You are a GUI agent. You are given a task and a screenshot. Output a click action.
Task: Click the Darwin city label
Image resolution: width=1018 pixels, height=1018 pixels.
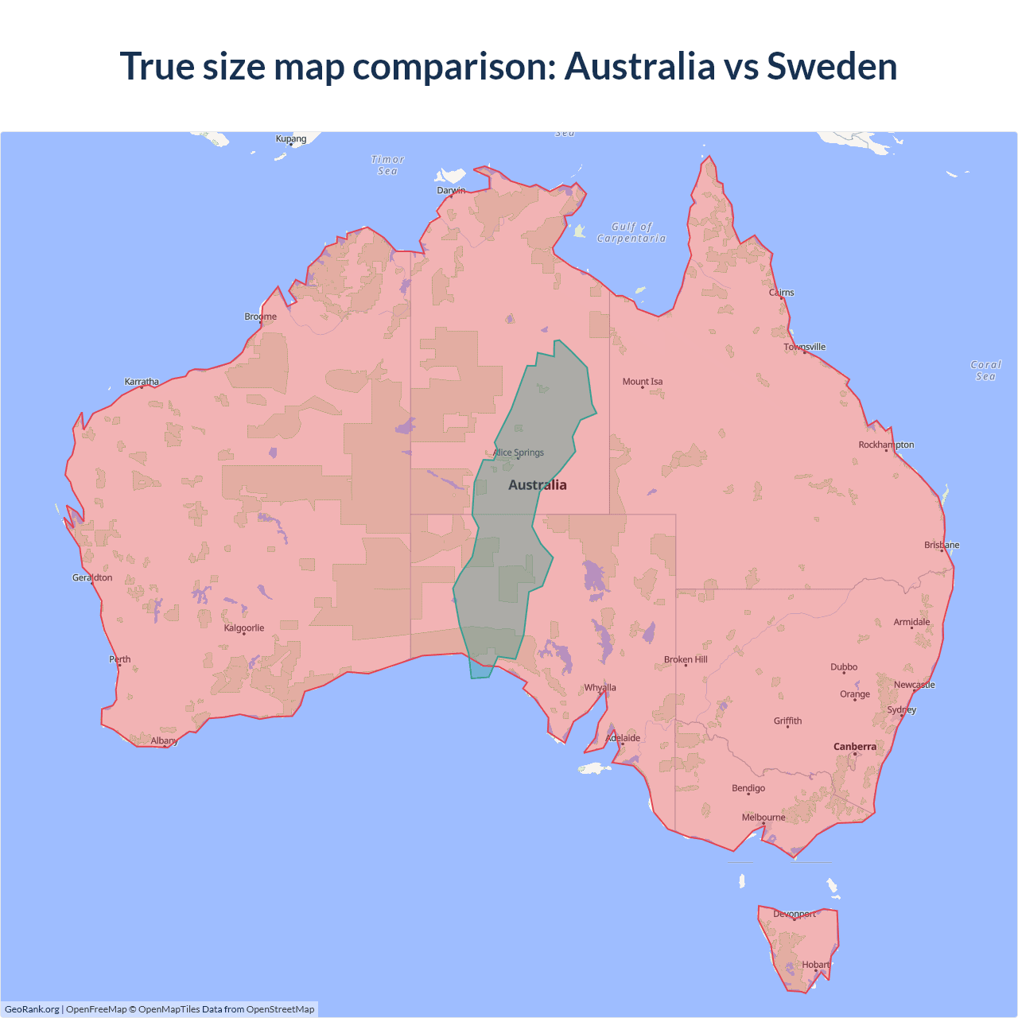451,190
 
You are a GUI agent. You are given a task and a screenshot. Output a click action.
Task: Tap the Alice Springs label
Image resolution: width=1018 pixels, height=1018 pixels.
519,453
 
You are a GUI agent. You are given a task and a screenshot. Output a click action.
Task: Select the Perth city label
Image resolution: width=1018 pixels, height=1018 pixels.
119,659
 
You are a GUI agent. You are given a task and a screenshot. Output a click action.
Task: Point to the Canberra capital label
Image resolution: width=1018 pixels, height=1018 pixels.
855,747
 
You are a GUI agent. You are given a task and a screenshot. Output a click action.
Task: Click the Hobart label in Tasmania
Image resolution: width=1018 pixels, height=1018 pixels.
815,965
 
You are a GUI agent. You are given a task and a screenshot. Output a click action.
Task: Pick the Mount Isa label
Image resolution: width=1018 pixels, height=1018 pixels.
643,382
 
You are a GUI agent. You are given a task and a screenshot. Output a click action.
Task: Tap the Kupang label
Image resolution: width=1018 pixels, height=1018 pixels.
291,139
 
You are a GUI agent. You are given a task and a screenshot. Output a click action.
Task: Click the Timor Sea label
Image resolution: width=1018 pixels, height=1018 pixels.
388,165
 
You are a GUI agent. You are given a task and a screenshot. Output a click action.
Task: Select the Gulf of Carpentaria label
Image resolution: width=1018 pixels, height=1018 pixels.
631,232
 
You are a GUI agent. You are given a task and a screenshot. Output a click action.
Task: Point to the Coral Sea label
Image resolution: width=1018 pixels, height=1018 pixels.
985,371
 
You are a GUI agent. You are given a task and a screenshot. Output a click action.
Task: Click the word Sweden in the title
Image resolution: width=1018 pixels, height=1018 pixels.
832,66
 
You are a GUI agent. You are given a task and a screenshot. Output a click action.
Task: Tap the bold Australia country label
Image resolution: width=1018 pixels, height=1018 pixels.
538,485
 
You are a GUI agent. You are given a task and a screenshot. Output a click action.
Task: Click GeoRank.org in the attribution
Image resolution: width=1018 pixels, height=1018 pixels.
32,1009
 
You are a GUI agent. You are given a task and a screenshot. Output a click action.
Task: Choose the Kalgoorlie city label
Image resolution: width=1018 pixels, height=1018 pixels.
244,628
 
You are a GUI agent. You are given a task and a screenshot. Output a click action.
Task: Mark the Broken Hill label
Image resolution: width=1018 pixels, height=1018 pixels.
686,660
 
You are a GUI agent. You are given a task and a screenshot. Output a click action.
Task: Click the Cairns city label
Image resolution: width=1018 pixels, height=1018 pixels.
781,293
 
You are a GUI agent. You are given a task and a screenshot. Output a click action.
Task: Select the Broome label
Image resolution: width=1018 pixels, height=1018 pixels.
261,317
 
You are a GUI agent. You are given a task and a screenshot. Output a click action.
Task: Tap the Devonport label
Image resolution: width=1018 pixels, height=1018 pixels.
795,914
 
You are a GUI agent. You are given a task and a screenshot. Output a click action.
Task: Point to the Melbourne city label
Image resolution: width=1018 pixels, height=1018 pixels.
763,818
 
